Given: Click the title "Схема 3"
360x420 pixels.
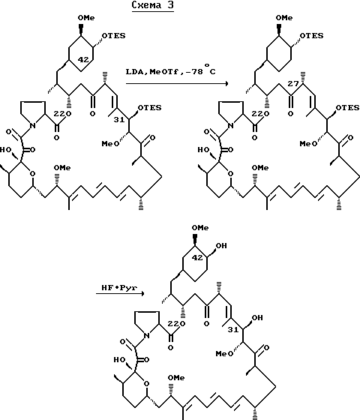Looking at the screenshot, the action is [x=153, y=5].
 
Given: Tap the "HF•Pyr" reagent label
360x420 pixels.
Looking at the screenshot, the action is [x=119, y=288].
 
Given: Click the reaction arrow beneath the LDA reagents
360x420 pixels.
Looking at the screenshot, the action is [x=177, y=83].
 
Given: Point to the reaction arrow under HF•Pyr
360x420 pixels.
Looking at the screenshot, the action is [x=120, y=293].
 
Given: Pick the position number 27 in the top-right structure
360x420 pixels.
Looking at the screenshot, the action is [x=292, y=84].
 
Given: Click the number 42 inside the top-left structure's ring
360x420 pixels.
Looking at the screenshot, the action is [x=83, y=60].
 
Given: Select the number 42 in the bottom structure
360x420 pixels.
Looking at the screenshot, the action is [x=197, y=258].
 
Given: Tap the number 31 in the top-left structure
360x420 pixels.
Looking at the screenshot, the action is [x=119, y=120].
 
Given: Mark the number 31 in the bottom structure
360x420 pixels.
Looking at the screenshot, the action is [x=233, y=330].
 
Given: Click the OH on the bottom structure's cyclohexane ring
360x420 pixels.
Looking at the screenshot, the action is [x=221, y=246].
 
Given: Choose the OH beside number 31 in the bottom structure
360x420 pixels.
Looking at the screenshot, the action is [x=257, y=318].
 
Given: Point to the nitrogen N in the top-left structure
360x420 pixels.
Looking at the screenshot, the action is [x=33, y=125].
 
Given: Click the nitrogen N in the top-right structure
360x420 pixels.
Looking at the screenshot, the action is [x=231, y=125].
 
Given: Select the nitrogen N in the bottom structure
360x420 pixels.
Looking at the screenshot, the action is [x=146, y=335].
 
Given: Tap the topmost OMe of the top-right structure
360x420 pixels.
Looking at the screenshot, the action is [x=284, y=18].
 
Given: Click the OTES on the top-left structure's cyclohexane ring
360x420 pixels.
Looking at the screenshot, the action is [x=114, y=36].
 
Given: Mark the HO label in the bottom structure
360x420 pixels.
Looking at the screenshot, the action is [x=119, y=359].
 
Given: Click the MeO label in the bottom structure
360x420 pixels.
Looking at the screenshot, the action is [x=224, y=354].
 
